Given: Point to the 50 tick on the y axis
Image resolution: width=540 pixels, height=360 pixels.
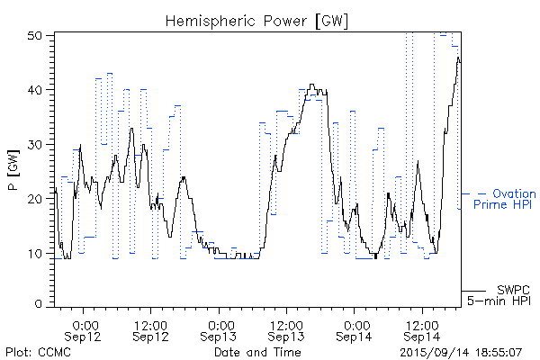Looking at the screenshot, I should (x=36, y=35).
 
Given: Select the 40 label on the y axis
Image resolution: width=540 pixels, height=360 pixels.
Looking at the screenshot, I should (x=36, y=89).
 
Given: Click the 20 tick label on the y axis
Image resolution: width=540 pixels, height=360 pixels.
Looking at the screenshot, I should (x=36, y=198).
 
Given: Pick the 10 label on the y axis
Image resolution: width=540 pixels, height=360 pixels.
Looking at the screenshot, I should (x=36, y=253).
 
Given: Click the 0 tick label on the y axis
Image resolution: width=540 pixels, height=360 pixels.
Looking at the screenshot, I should (x=40, y=305).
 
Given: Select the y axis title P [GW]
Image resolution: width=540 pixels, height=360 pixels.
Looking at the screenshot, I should (x=13, y=172).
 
